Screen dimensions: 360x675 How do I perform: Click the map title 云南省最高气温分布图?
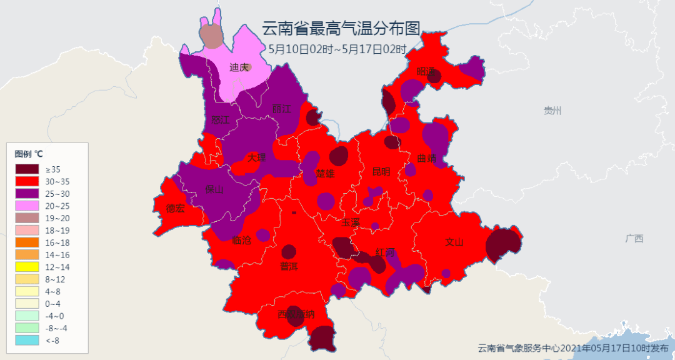pyautogui.click(x=341, y=28)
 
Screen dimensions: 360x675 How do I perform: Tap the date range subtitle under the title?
pyautogui.click(x=337, y=49)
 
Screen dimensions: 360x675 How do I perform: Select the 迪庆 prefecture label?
pyautogui.click(x=239, y=67)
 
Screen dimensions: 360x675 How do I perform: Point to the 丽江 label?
pyautogui.click(x=282, y=109)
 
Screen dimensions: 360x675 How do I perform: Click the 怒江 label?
pyautogui.click(x=221, y=119)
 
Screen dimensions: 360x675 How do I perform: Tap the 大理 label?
pyautogui.click(x=256, y=157)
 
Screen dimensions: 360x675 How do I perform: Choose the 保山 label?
pyautogui.click(x=214, y=190)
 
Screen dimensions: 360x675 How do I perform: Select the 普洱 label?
pyautogui.click(x=289, y=266)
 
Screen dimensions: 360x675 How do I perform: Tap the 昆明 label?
pyautogui.click(x=381, y=171)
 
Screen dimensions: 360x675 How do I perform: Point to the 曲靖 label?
pyautogui.click(x=427, y=159)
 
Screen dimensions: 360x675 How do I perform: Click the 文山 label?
pyautogui.click(x=454, y=242)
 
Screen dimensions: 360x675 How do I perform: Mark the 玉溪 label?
pyautogui.click(x=351, y=222)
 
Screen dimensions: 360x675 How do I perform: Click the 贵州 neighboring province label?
pyautogui.click(x=552, y=111)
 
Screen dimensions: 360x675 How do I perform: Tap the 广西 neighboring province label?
pyautogui.click(x=634, y=238)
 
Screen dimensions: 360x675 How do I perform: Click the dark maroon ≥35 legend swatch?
pyautogui.click(x=29, y=169)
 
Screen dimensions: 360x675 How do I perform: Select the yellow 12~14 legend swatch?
pyautogui.click(x=29, y=267)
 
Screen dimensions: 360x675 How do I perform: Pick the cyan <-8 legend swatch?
pyautogui.click(x=29, y=340)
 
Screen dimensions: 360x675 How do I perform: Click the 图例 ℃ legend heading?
pyautogui.click(x=29, y=154)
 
